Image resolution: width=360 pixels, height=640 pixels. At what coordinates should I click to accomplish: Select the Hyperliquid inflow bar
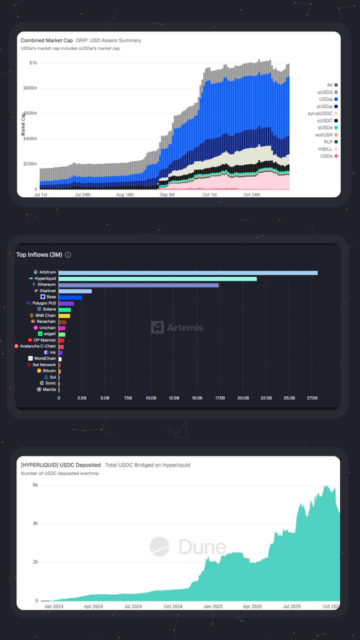coord(157,279)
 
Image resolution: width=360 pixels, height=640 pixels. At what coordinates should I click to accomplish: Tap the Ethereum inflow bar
coord(139,285)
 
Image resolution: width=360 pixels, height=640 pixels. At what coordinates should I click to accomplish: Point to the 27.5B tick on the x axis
coord(312,398)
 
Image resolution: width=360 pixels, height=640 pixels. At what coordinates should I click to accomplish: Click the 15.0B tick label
coord(197,398)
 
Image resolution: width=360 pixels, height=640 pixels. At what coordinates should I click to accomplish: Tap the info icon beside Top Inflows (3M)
coord(68,255)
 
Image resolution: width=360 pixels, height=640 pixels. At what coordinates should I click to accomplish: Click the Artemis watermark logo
coord(157,327)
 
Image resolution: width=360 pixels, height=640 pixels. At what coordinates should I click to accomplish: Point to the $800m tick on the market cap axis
coord(30,88)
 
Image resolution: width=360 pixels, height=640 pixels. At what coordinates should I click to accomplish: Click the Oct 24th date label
coord(251,195)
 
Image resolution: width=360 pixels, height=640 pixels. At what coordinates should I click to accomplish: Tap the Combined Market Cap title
coord(46,41)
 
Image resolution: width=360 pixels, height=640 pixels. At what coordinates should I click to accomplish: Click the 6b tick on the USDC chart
coord(35,485)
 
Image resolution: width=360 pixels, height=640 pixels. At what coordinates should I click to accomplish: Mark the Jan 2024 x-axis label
coord(55,606)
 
